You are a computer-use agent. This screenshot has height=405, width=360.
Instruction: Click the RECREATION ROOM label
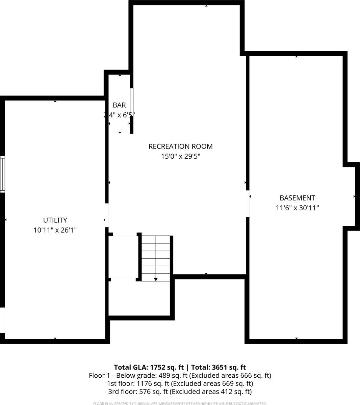[x=180, y=146]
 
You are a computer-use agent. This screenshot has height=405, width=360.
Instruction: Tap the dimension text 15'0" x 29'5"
[x=180, y=157]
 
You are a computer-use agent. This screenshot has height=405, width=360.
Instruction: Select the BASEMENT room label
[x=297, y=198]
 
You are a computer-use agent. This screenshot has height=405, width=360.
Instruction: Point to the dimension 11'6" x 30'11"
[x=297, y=208]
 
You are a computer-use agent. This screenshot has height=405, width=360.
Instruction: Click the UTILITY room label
[x=55, y=220]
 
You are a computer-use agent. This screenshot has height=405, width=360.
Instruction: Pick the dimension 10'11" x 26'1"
[x=55, y=230]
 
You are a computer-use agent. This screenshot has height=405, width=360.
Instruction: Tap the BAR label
[x=119, y=105]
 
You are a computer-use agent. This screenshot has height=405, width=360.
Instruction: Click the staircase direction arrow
[x=156, y=279]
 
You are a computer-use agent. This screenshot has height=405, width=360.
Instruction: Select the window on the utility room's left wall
[x=3, y=174]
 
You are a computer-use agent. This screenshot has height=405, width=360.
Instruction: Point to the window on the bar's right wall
[x=132, y=98]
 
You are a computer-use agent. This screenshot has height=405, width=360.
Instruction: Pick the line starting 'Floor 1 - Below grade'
[x=180, y=375]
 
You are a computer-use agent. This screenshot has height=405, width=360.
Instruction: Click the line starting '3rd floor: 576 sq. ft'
[x=180, y=391]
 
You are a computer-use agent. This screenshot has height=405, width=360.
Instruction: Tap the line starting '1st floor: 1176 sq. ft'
[x=180, y=383]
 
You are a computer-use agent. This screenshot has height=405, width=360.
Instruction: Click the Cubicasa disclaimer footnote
[x=180, y=403]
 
